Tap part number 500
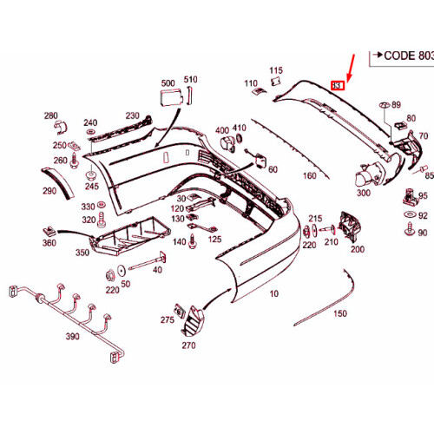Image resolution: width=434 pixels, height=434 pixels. [168, 84]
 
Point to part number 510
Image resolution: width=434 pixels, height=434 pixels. [190, 80]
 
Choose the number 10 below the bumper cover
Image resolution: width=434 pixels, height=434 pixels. [275, 293]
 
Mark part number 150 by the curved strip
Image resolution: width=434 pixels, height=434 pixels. [340, 312]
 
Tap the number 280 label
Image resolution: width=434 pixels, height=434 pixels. [50, 115]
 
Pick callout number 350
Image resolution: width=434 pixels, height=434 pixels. [82, 253]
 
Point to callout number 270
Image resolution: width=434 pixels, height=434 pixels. [188, 345]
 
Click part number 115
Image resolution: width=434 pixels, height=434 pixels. [276, 70]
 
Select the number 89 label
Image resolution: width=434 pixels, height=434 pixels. [397, 105]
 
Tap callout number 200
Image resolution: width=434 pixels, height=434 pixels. [357, 249]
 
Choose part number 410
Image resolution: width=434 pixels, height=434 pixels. [240, 128]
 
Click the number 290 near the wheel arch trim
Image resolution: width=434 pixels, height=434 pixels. [49, 191]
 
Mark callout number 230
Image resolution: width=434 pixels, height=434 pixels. [132, 115]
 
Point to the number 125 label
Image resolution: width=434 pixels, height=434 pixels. [214, 238]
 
